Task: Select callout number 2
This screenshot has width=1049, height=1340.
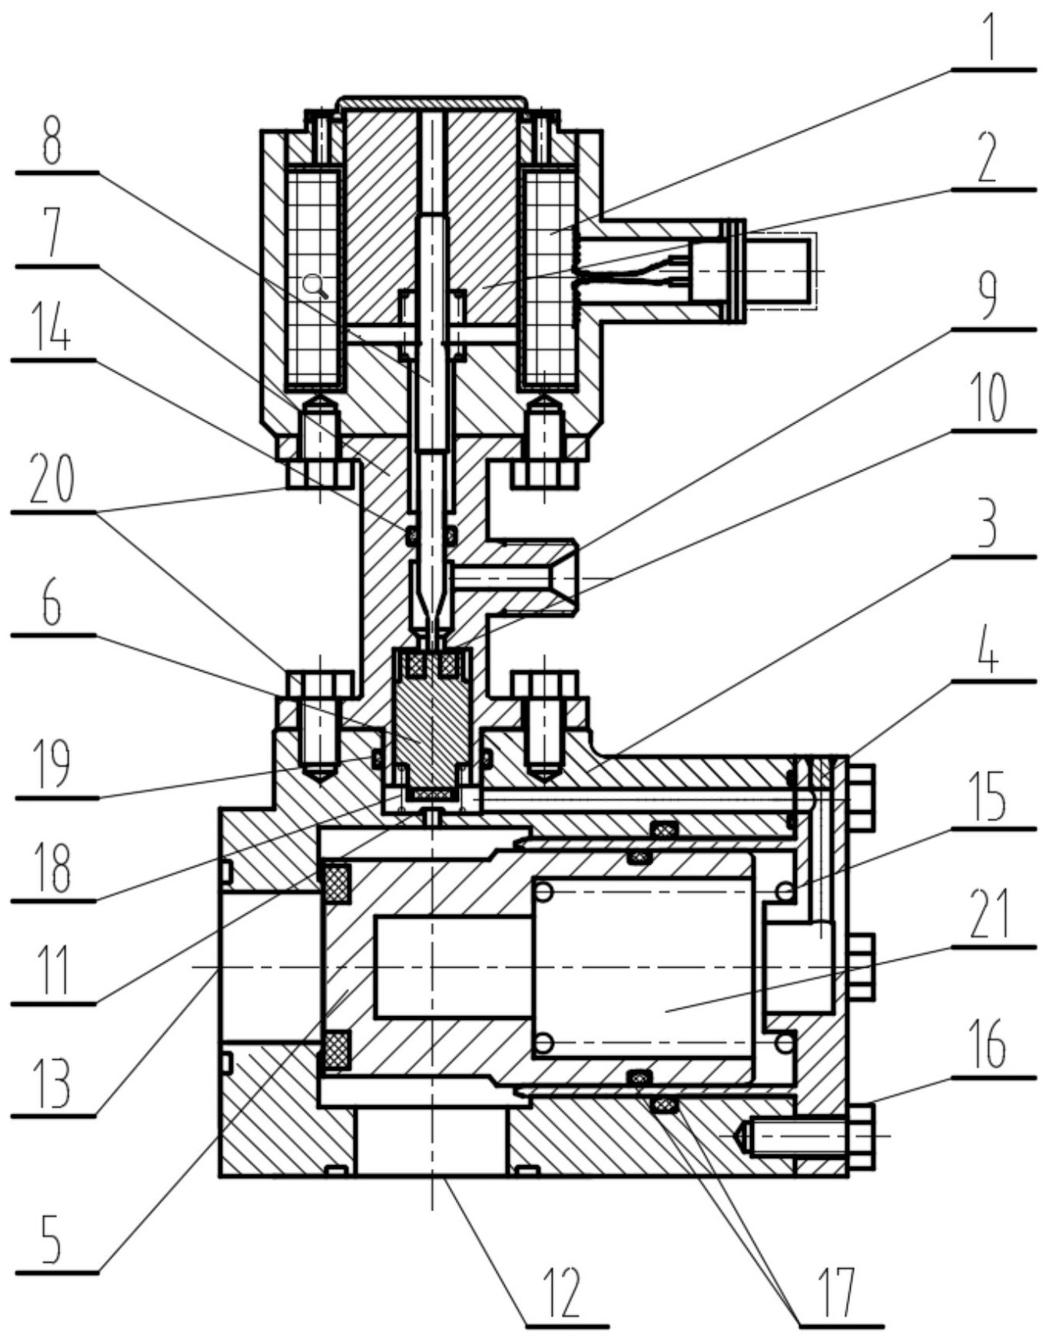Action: click(x=988, y=155)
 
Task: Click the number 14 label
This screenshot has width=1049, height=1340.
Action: click(x=52, y=326)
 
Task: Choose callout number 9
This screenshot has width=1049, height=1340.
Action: click(x=988, y=296)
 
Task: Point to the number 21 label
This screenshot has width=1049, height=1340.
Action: click(x=988, y=914)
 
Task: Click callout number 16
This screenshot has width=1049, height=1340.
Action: click(x=988, y=1047)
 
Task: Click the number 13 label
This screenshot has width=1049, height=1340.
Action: click(x=52, y=1084)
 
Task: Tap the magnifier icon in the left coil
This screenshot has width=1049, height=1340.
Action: click(x=317, y=286)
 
